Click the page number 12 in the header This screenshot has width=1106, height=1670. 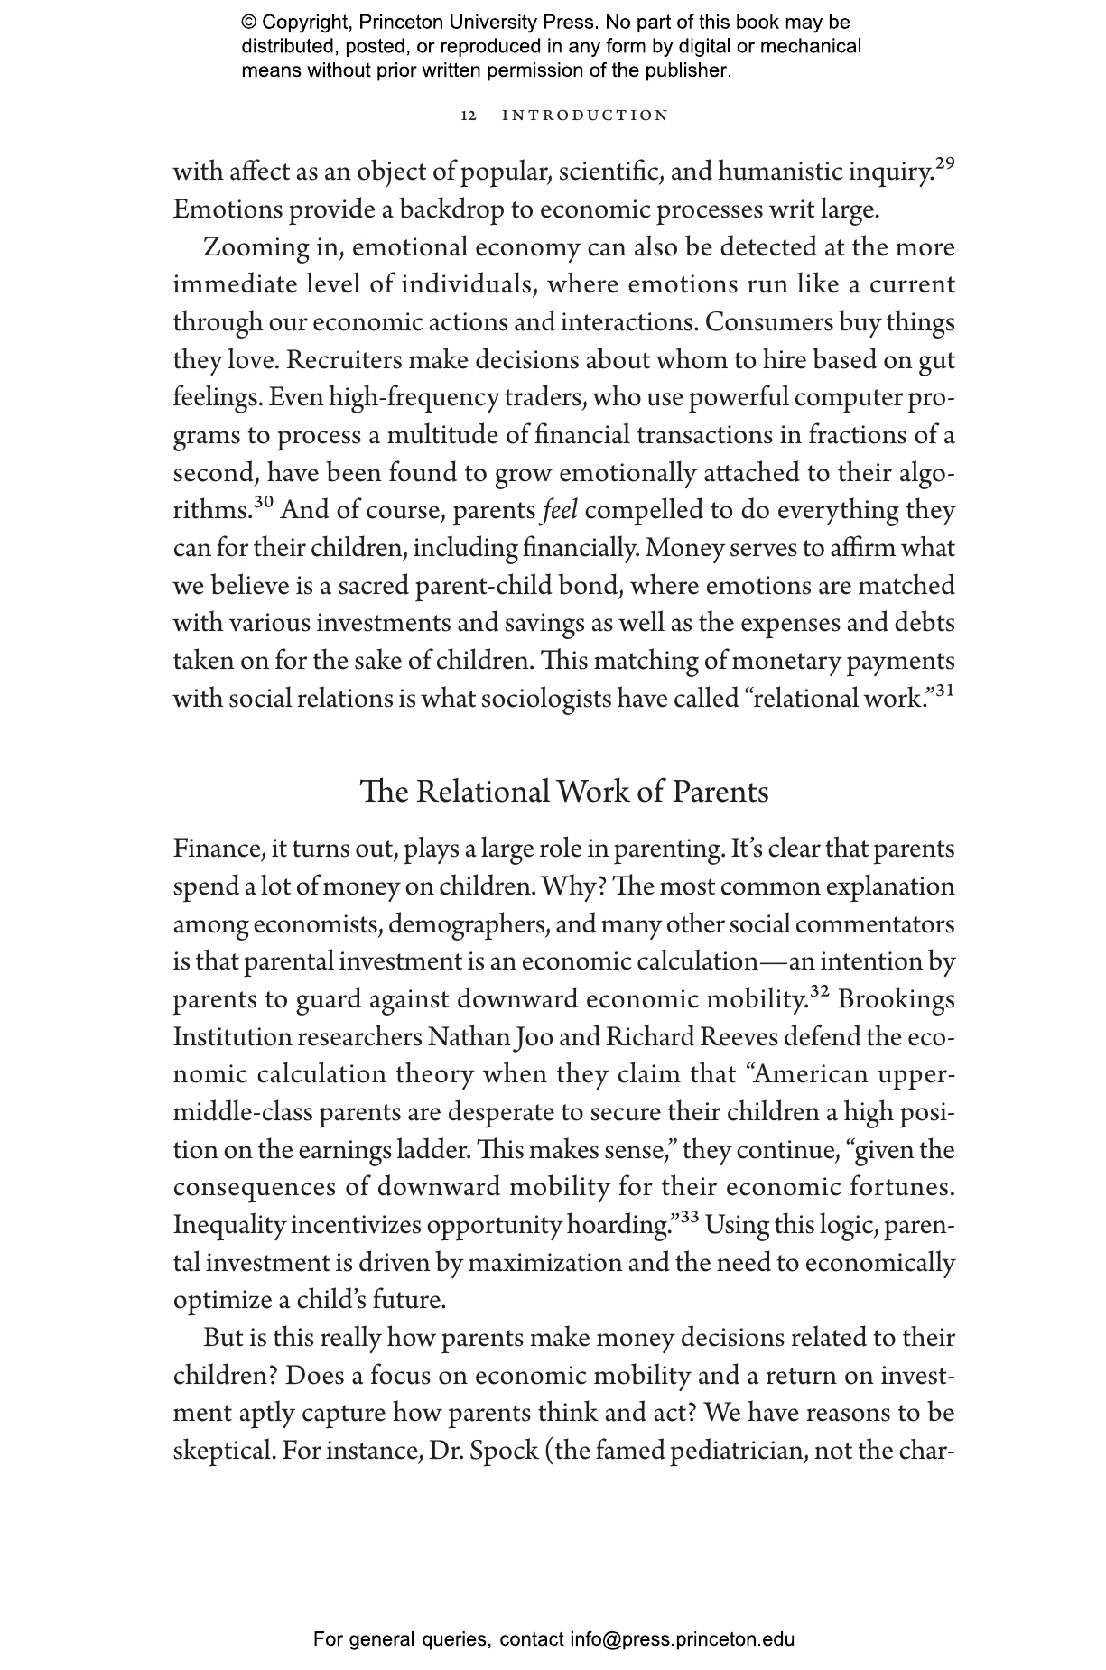click(468, 116)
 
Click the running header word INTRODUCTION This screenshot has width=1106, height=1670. click(585, 116)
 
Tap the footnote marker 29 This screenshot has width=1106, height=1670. click(944, 163)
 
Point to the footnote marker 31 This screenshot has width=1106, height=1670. click(944, 691)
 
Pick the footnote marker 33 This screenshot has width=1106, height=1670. click(689, 1217)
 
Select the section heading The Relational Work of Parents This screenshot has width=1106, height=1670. click(564, 792)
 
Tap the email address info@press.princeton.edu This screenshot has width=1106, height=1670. click(682, 1639)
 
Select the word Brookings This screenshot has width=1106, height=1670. click(897, 1000)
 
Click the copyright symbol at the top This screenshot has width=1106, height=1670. click(249, 23)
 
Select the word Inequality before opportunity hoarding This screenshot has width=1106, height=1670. click(229, 1226)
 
